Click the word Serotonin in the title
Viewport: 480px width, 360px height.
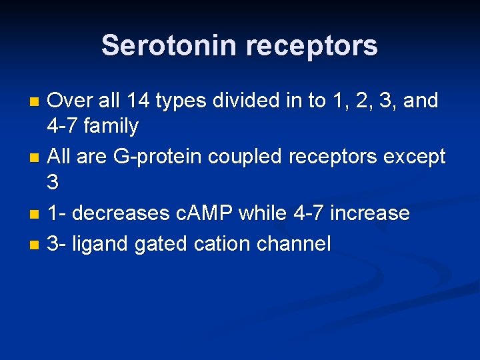click(169, 46)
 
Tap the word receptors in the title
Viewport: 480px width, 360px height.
click(311, 46)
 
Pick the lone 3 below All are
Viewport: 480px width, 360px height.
click(54, 182)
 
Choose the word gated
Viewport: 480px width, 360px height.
click(161, 244)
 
